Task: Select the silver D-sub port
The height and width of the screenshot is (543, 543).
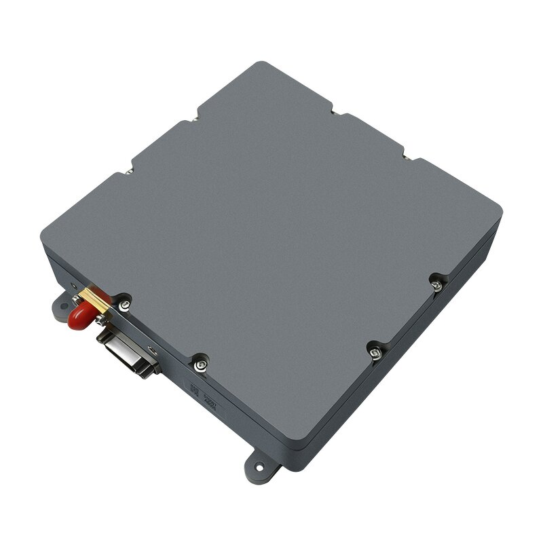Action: pos(128,354)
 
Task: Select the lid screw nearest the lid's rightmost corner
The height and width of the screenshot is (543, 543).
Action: pos(437,281)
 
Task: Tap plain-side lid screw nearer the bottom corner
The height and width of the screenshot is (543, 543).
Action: pos(373,351)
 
